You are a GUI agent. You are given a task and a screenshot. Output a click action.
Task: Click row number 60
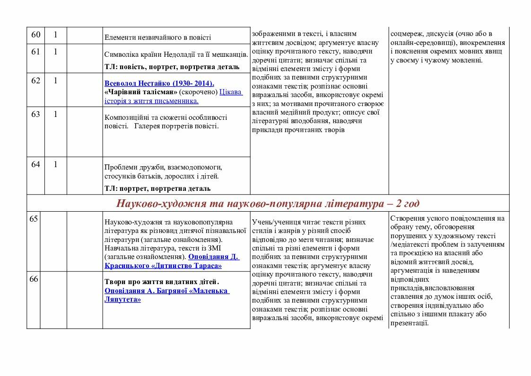[35, 35]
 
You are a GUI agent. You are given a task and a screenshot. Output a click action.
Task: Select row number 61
[35, 52]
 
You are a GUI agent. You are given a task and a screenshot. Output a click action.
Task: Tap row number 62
[35, 81]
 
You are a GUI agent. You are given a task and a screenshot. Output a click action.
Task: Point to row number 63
[35, 114]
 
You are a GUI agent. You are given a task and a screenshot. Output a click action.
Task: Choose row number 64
[35, 164]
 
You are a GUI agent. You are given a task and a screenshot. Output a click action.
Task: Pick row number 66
[33, 279]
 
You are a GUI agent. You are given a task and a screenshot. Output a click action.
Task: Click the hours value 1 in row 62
[55, 81]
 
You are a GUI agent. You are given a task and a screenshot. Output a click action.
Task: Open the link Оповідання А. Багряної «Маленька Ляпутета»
[166, 295]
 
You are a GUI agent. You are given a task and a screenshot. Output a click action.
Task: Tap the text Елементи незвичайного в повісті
[157, 37]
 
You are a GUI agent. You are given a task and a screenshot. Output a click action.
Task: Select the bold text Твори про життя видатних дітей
[162, 281]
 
